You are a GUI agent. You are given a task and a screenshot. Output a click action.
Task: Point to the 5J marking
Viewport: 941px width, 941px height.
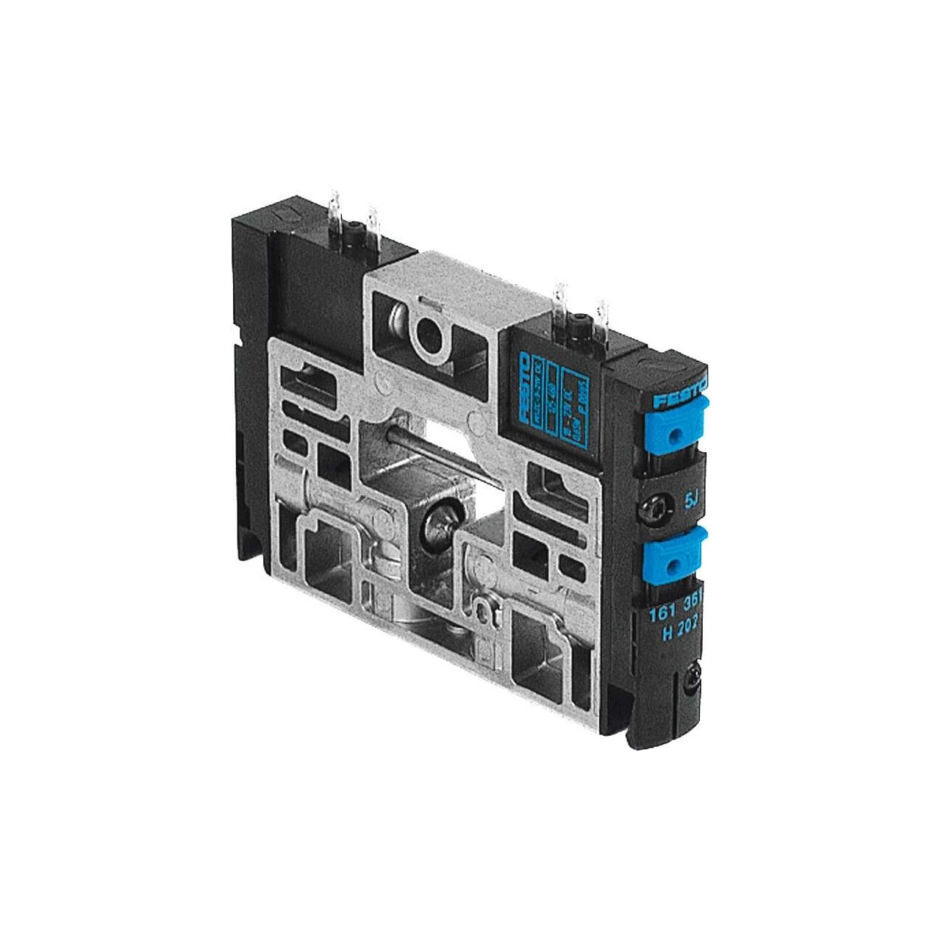[x=691, y=502]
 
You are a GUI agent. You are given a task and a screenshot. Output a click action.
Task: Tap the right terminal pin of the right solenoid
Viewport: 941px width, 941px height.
[x=605, y=316]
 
